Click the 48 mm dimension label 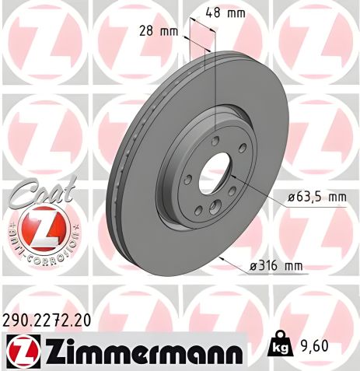click(x=229, y=12)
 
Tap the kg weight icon click(x=278, y=344)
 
